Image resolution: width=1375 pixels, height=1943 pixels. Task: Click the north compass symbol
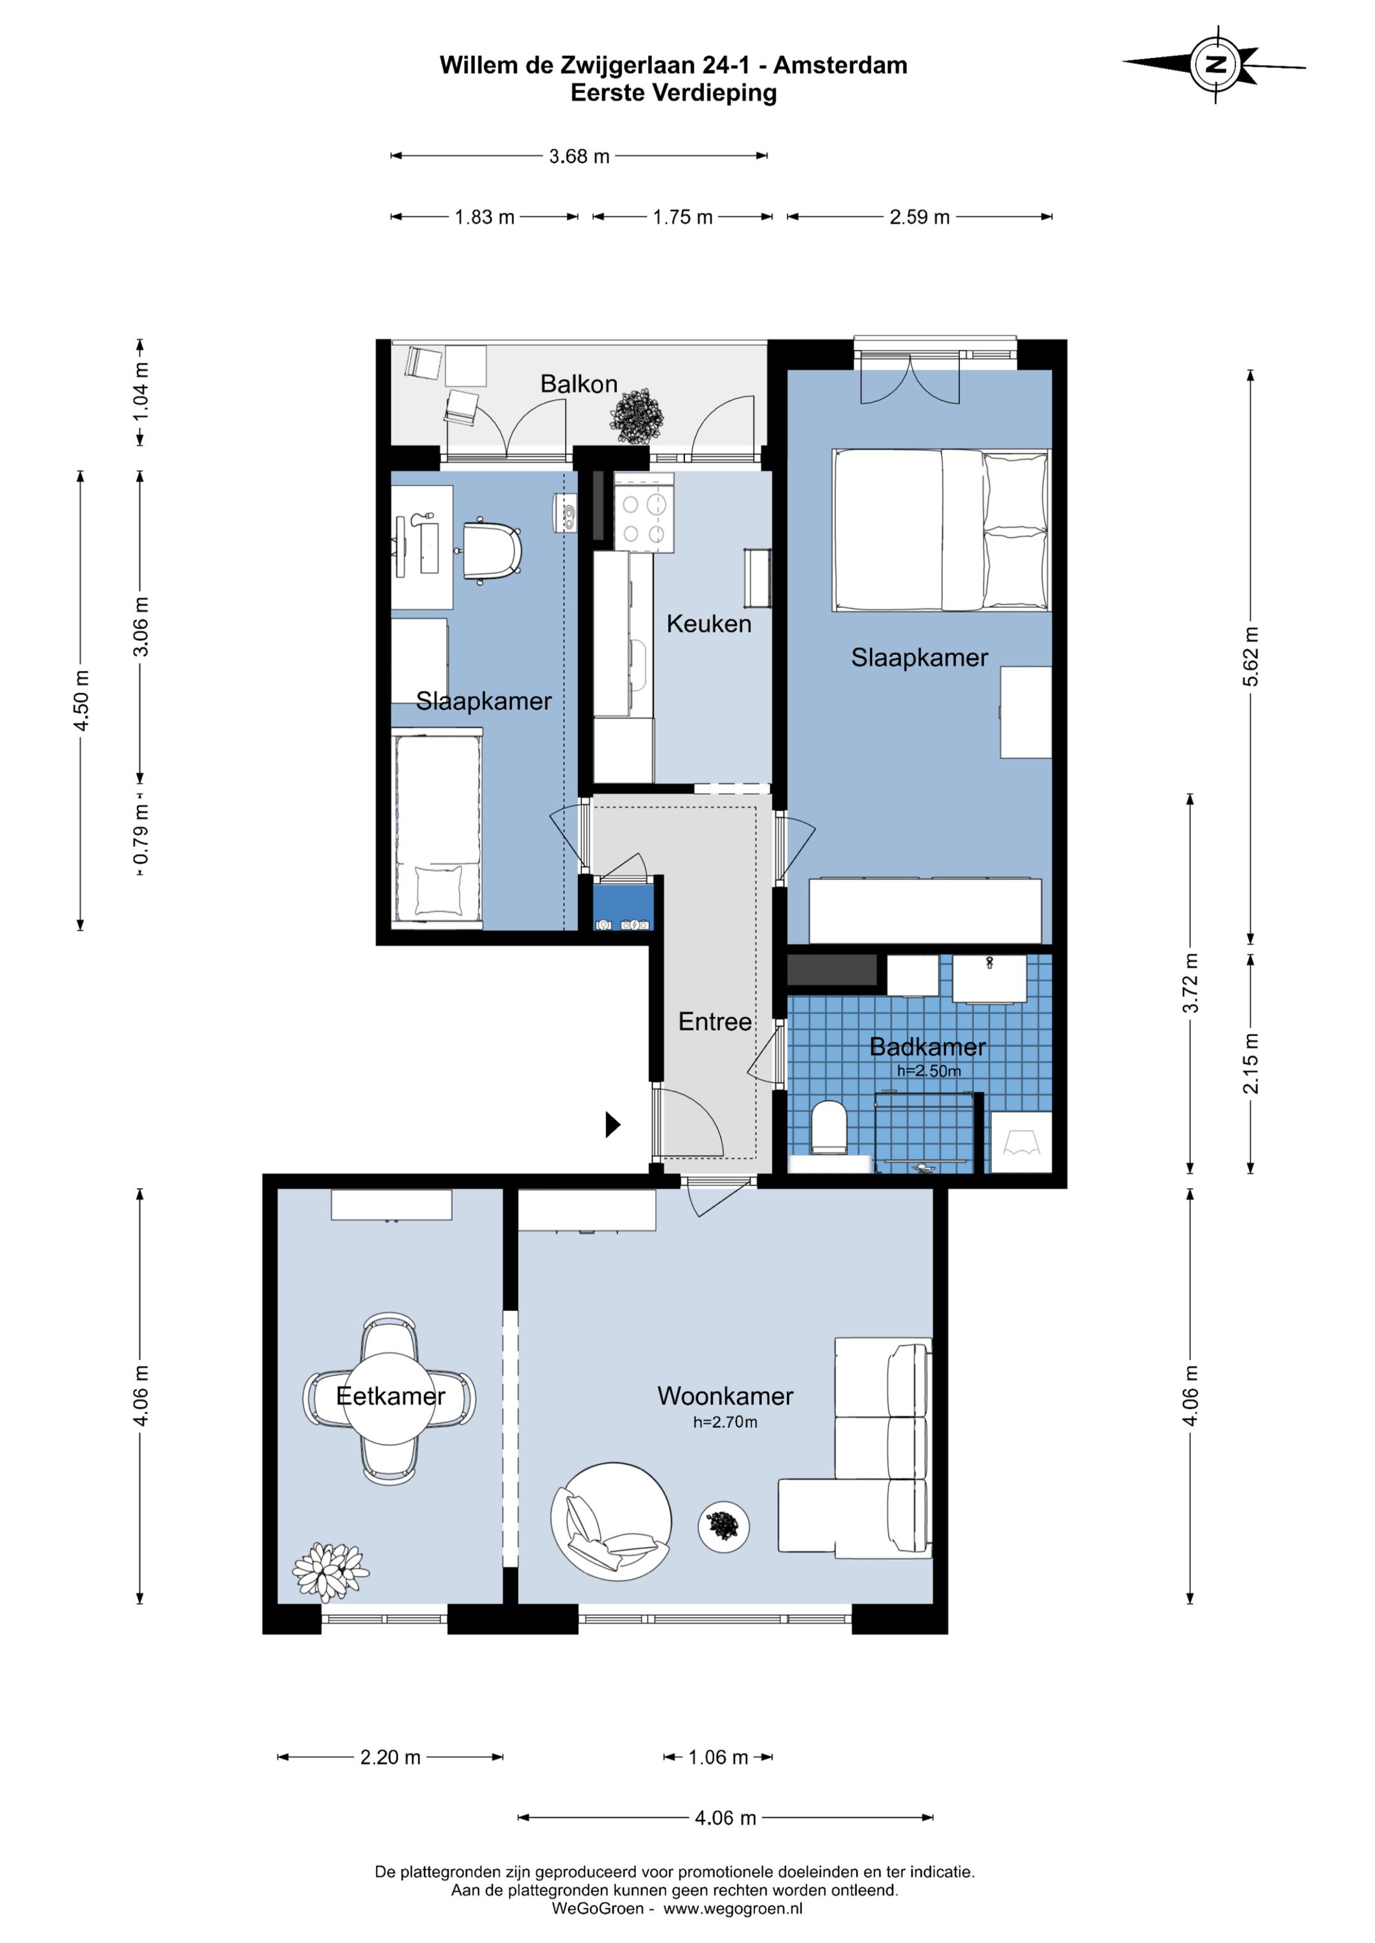1216,64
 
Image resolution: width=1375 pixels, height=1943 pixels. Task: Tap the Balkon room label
579,384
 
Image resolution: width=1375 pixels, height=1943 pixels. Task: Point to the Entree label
715,1021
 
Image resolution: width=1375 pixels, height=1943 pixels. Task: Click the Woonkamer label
726,1396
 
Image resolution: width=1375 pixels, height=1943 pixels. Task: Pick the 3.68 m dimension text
579,157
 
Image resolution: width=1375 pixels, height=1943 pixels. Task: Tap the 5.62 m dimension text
1250,657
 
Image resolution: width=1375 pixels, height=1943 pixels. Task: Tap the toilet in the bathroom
829,1128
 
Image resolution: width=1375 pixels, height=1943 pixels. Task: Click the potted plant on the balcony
637,416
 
